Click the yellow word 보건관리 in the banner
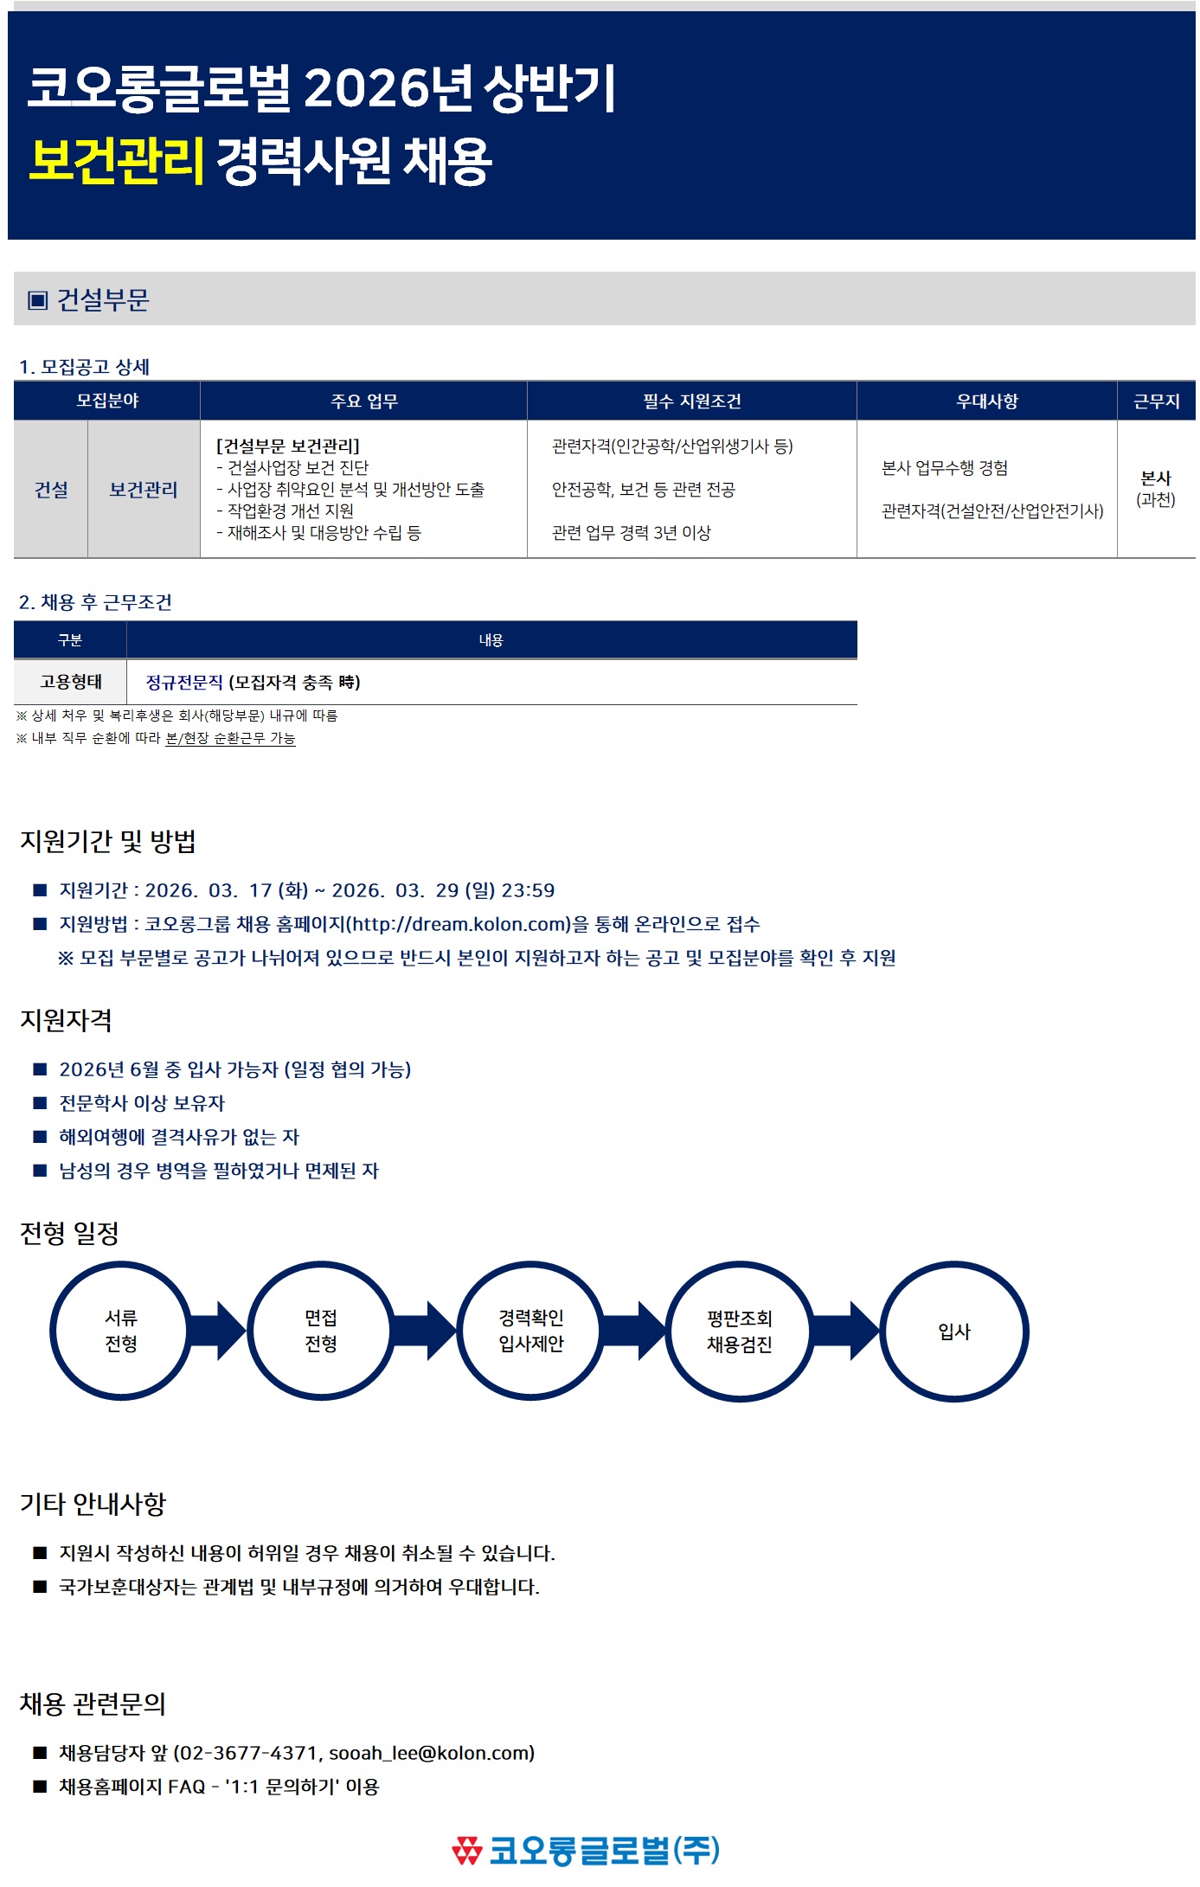(117, 161)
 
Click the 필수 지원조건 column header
(691, 401)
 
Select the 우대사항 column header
(986, 401)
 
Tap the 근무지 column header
(1156, 401)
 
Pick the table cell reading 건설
(51, 490)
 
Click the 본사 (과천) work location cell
(1156, 489)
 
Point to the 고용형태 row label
(70, 683)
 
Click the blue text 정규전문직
(184, 683)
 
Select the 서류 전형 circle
(120, 1331)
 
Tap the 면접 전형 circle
(321, 1331)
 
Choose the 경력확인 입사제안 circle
(530, 1331)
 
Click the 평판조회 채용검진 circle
(740, 1331)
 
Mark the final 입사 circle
(954, 1331)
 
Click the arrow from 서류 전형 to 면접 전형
(220, 1331)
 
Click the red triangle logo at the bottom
(466, 1850)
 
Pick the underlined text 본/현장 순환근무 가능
(230, 739)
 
